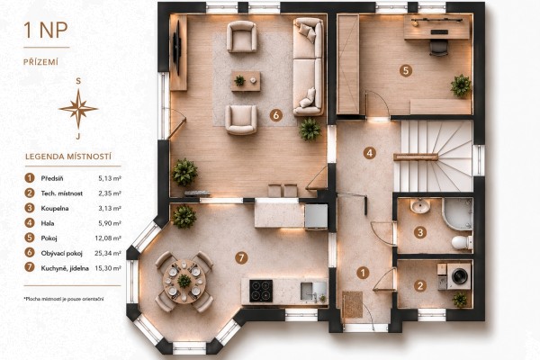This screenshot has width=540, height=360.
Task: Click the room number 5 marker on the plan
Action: click(x=406, y=70)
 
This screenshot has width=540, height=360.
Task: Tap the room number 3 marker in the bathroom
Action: click(x=419, y=232)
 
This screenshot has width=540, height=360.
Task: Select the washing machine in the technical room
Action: click(x=459, y=275)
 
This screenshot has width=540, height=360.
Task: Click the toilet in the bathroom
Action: click(x=462, y=242)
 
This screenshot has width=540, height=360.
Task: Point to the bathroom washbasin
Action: click(x=419, y=206)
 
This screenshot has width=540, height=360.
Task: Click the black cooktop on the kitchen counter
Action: click(x=261, y=291)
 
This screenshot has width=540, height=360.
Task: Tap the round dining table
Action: click(x=184, y=282)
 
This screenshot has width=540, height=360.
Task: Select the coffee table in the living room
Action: click(x=246, y=81)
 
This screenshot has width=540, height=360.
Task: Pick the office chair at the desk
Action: click(x=439, y=47)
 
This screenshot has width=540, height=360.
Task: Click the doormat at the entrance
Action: click(x=352, y=304)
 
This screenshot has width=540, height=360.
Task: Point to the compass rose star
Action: click(x=78, y=109)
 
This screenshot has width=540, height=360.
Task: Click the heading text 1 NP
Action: click(x=46, y=31)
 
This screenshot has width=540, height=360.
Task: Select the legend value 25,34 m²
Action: click(x=108, y=253)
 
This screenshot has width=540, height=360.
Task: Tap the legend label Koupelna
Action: click(x=55, y=209)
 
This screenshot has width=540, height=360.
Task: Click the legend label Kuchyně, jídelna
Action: click(x=65, y=268)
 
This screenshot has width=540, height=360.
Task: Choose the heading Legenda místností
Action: click(x=68, y=157)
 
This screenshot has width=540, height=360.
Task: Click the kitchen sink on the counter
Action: click(x=313, y=292)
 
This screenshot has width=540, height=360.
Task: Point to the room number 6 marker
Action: click(x=276, y=115)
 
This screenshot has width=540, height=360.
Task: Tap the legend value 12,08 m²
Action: click(x=108, y=238)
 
